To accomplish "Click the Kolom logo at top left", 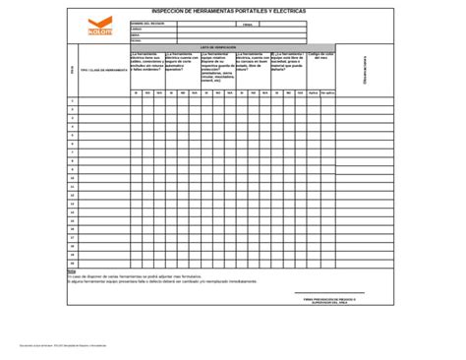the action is pyautogui.click(x=100, y=29).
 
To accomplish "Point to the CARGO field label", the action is pyautogui.click(x=136, y=29).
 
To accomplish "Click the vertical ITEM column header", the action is pyautogui.click(x=71, y=69).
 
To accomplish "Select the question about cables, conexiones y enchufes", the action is pyautogui.click(x=147, y=62).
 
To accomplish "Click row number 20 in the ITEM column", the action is pyautogui.click(x=71, y=264).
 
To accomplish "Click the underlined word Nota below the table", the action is pyautogui.click(x=71, y=272).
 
